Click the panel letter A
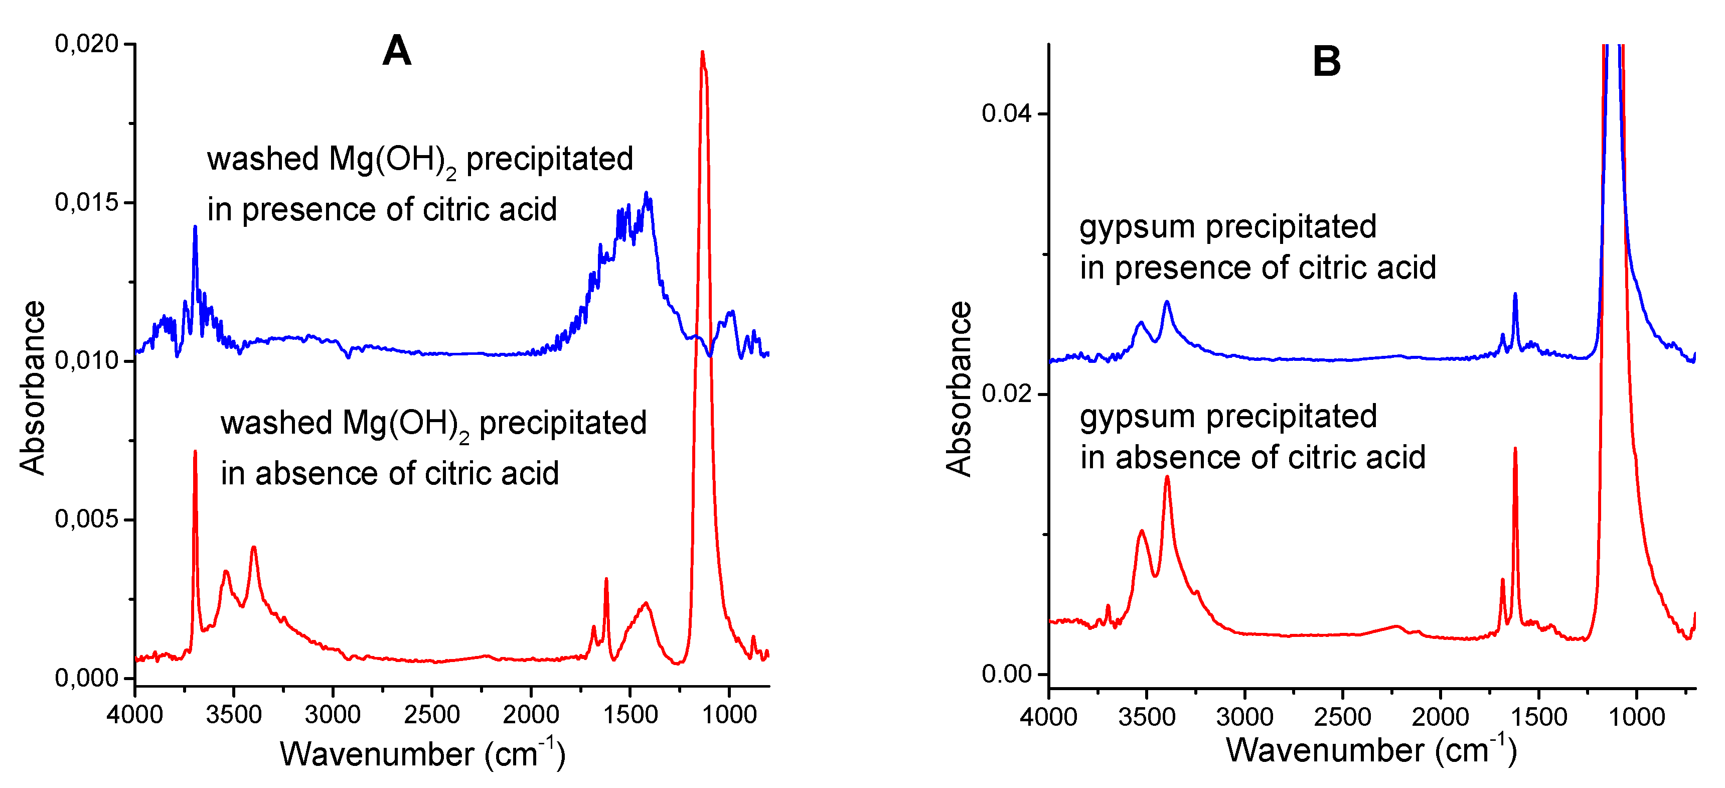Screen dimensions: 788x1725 pyautogui.click(x=396, y=51)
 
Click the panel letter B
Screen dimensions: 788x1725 pyautogui.click(x=1327, y=62)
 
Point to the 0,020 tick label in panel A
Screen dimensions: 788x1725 pyautogui.click(x=86, y=44)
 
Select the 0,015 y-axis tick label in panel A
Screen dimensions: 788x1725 pyautogui.click(x=86, y=202)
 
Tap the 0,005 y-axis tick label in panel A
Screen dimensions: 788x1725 pyautogui.click(x=86, y=519)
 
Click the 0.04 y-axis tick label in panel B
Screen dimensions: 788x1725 pyautogui.click(x=1007, y=113)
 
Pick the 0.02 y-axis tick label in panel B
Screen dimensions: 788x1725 pyautogui.click(x=1007, y=393)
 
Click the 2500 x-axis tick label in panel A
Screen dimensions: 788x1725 pyautogui.click(x=431, y=715)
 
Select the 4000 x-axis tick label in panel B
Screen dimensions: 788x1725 pyautogui.click(x=1049, y=717)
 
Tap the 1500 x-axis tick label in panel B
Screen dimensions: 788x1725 pyautogui.click(x=1539, y=717)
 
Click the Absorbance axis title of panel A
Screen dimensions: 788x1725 pyautogui.click(x=32, y=388)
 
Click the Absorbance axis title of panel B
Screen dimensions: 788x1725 pyautogui.click(x=959, y=388)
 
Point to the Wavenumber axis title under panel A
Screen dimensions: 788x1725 pyautogui.click(x=422, y=754)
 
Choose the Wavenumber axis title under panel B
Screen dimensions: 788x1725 pyautogui.click(x=1371, y=750)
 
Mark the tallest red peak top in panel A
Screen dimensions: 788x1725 pyautogui.click(x=702, y=52)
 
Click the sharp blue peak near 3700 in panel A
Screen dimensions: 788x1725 pyautogui.click(x=195, y=228)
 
